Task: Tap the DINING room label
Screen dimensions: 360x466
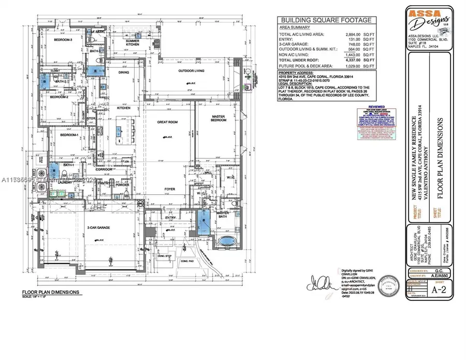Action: pyautogui.click(x=123, y=73)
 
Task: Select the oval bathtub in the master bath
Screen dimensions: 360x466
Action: pyautogui.click(x=226, y=241)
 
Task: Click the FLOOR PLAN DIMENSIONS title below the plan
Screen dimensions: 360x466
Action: pyautogui.click(x=51, y=292)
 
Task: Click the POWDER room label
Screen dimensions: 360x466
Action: pyautogui.click(x=123, y=184)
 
